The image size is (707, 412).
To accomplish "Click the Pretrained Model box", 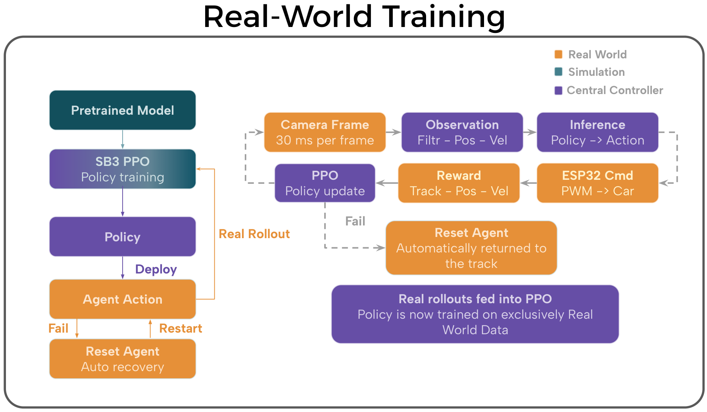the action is (x=123, y=110).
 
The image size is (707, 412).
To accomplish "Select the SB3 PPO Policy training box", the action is (x=123, y=169).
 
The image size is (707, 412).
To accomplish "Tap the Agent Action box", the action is (x=123, y=299).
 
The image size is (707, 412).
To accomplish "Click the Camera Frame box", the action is (x=325, y=132).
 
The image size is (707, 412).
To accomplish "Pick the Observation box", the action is (x=462, y=132).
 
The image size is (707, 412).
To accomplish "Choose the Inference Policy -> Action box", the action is (x=597, y=132).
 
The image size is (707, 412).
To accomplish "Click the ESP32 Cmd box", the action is (x=597, y=183).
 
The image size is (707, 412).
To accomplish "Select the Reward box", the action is (x=459, y=183).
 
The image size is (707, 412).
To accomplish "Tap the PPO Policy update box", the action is (x=325, y=183).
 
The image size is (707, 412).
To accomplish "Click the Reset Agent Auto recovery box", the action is (x=123, y=359).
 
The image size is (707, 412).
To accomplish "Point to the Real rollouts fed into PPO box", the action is (x=475, y=314).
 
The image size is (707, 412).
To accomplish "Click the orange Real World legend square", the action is (x=558, y=54).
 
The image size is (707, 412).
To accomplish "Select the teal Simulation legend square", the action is (x=558, y=71).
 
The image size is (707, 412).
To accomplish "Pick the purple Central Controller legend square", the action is (x=558, y=90).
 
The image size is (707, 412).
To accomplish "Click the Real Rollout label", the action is (x=254, y=234).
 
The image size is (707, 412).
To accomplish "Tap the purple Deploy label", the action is (x=156, y=270).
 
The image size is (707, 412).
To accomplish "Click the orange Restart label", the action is (x=181, y=328).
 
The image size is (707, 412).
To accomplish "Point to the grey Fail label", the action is (x=355, y=221).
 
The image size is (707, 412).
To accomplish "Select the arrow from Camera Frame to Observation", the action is (x=394, y=132).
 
